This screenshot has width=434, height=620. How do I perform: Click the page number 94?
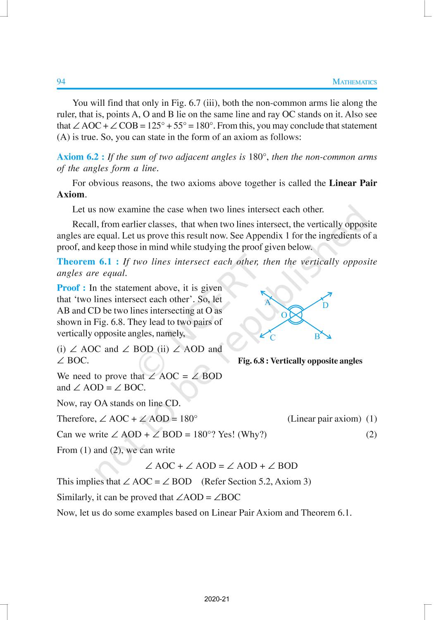pyautogui.click(x=61, y=81)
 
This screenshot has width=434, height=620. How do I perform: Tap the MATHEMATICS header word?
pyautogui.click(x=355, y=82)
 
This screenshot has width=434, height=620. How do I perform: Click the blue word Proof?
pyautogui.click(x=71, y=288)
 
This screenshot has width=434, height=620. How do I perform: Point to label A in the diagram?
pyautogui.click(x=267, y=303)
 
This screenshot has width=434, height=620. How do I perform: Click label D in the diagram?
pyautogui.click(x=325, y=305)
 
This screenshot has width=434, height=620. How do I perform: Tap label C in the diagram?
pyautogui.click(x=273, y=338)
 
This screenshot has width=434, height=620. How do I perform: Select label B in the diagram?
pyautogui.click(x=317, y=336)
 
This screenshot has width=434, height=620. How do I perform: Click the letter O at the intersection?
pyautogui.click(x=284, y=315)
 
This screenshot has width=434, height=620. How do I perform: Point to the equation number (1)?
pyautogui.click(x=371, y=419)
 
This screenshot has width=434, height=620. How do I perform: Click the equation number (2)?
pyautogui.click(x=371, y=434)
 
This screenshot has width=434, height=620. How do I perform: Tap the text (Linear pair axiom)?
pyautogui.click(x=324, y=419)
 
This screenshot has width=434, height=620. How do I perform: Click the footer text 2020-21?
pyautogui.click(x=217, y=599)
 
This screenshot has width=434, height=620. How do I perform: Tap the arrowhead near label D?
pyautogui.click(x=330, y=294)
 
